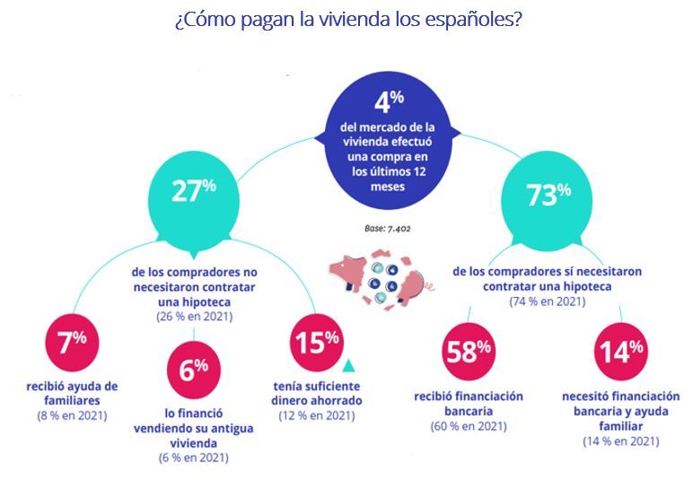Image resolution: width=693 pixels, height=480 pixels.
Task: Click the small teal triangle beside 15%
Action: pos(349,364)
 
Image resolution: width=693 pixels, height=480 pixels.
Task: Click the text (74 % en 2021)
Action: pos(548,301)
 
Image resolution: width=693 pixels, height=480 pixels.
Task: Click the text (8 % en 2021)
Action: pos(72,415)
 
